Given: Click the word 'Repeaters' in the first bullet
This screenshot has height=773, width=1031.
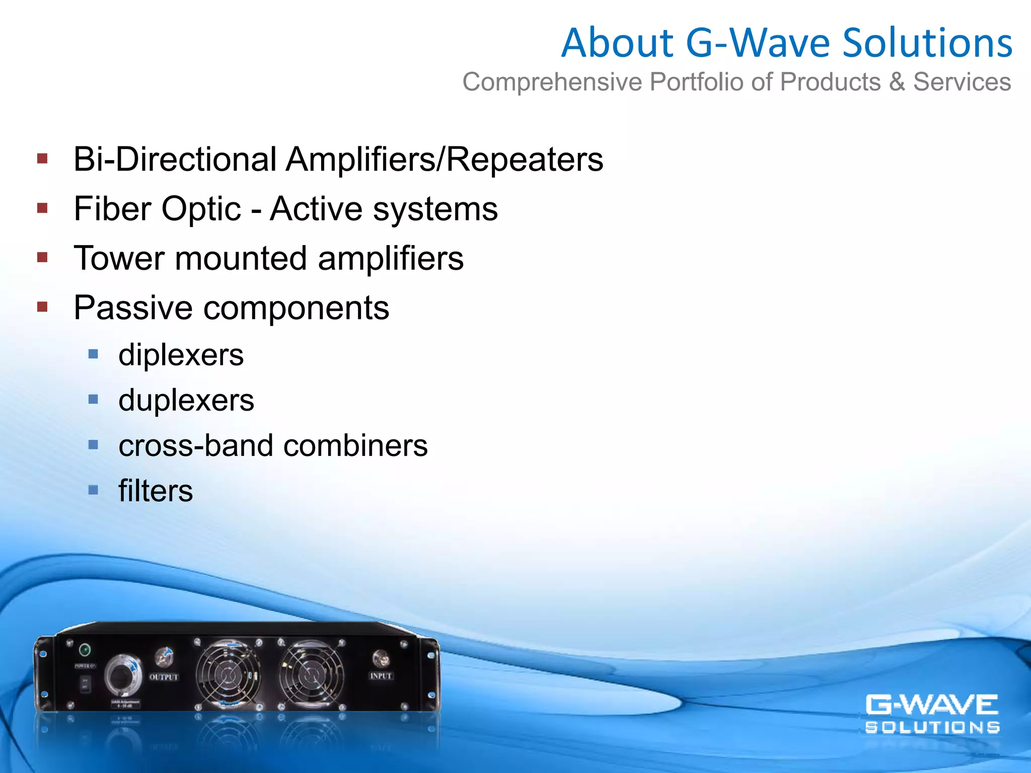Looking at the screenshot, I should coord(524,160).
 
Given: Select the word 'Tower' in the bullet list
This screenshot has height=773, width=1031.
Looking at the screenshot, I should coord(119,259).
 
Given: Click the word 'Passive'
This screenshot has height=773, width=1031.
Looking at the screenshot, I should coord(133,308).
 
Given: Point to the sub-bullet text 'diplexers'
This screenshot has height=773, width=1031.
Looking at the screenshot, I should coord(181,355).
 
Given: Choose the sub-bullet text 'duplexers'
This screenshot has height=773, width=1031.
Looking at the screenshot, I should coord(186,401).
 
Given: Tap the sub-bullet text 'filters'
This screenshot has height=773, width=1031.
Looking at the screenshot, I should coord(156,491).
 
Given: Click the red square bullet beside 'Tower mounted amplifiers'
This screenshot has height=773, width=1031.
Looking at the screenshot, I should coord(42,258).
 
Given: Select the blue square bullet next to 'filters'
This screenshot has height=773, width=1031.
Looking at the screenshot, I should coord(93,490).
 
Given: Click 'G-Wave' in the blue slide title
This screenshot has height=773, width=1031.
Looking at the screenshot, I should coord(758,43).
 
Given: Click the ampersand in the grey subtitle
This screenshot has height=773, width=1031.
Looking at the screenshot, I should coord(897,82).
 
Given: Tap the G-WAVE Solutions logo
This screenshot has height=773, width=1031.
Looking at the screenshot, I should coord(932,714).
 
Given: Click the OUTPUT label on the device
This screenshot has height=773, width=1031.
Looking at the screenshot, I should coord(164,677).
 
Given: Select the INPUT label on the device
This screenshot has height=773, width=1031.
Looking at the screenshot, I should coord(381,676).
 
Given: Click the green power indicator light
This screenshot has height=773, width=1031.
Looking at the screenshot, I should coord(85,650).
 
